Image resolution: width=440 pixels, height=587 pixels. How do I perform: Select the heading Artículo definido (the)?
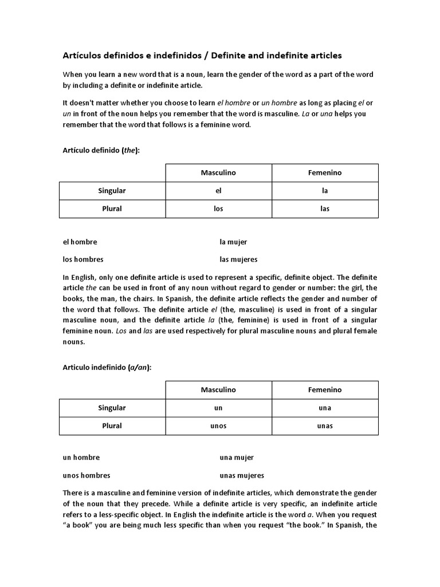(101, 150)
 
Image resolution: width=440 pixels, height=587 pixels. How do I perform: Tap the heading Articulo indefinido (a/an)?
(107, 367)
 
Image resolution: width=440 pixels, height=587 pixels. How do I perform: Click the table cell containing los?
(218, 209)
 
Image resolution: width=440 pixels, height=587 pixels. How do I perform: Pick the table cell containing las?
(325, 209)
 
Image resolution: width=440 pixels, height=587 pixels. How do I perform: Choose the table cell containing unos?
(218, 426)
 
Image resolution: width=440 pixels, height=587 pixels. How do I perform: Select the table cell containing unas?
(325, 426)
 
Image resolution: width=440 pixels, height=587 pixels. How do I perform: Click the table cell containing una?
(325, 408)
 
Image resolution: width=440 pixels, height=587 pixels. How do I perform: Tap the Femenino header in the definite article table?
(325, 173)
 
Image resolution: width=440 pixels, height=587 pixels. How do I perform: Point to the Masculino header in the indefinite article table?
(218, 390)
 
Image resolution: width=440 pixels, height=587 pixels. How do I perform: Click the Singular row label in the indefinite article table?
(112, 408)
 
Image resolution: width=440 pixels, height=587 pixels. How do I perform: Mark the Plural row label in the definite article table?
(112, 209)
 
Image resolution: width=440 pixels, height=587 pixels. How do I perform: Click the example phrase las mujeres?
(238, 259)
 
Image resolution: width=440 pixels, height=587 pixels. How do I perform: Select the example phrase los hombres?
(83, 259)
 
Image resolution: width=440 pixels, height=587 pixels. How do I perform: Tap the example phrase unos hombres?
(87, 475)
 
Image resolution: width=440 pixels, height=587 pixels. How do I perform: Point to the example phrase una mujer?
(236, 457)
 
